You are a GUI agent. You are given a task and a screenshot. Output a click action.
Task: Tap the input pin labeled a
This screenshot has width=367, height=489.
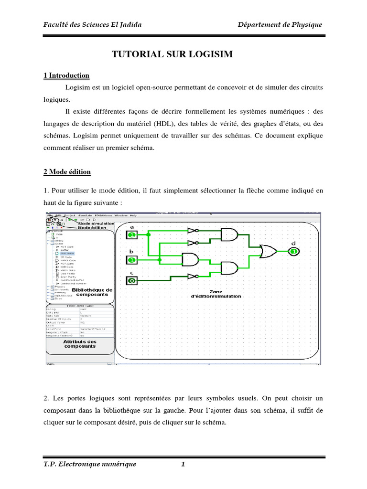[132, 234]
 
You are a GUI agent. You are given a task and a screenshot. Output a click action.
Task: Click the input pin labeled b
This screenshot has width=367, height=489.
[132, 260]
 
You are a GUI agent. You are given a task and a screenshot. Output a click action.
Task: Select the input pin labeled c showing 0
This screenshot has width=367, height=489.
[131, 281]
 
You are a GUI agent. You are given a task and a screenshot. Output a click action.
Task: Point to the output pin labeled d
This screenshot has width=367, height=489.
[294, 251]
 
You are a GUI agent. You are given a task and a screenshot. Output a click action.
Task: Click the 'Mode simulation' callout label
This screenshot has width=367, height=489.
[96, 223]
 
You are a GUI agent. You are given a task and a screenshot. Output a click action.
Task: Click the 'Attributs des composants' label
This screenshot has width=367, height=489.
[80, 344]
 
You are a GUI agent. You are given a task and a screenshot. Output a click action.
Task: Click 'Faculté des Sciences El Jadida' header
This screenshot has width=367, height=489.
[93, 25]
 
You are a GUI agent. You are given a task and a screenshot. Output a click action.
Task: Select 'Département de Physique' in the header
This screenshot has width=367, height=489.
[281, 25]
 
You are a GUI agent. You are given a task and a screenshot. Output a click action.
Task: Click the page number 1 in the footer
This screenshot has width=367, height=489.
[183, 464]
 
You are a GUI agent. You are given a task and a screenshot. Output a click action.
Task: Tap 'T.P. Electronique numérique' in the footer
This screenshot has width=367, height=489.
[90, 464]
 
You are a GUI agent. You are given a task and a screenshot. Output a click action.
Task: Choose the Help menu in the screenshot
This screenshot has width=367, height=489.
[133, 216]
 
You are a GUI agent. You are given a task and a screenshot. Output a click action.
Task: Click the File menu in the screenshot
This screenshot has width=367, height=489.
[49, 216]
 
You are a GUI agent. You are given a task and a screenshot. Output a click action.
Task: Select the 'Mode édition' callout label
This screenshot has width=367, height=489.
[93, 228]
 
